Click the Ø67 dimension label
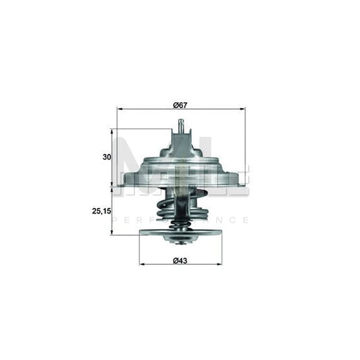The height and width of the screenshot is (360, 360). pyautogui.click(x=180, y=103)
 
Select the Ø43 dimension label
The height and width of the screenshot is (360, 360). pyautogui.click(x=180, y=260)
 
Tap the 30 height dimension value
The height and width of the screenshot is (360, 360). pyautogui.click(x=107, y=157)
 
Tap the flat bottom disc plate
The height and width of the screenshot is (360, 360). pyautogui.click(x=180, y=234)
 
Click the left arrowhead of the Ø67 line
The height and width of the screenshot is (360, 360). pyautogui.click(x=119, y=109)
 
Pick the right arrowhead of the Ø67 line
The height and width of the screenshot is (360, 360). pyautogui.click(x=242, y=109)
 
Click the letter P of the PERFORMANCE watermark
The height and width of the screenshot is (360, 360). pyautogui.click(x=120, y=220)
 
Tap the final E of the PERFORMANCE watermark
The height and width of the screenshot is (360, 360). pyautogui.click(x=246, y=220)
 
